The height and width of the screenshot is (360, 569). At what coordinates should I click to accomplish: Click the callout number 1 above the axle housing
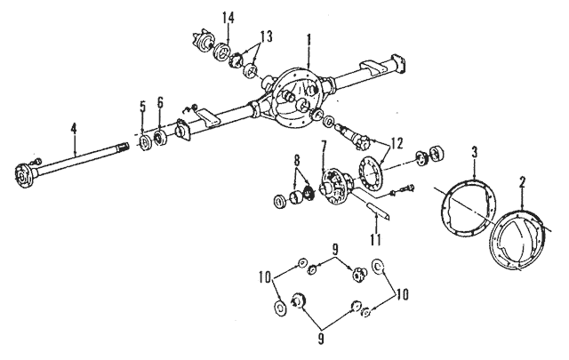[309, 41]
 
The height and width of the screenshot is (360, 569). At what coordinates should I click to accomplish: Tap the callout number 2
[522, 183]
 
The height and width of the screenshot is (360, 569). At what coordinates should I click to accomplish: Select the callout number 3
[474, 152]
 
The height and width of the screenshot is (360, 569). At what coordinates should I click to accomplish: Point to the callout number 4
[74, 129]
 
